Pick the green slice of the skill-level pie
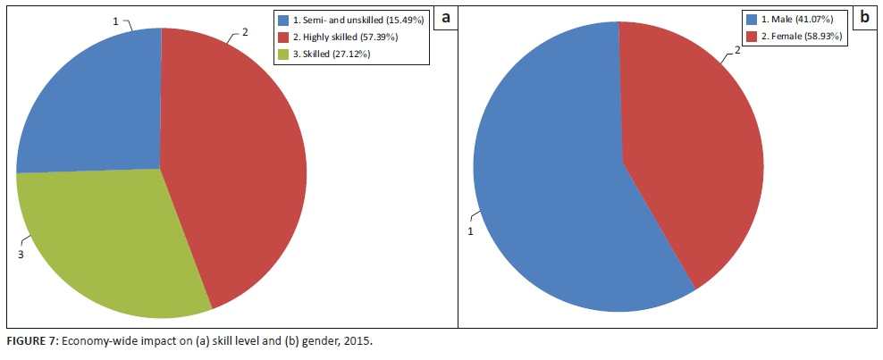click(x=107, y=241)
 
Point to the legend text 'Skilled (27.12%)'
click(x=332, y=54)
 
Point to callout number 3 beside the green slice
click(x=20, y=255)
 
